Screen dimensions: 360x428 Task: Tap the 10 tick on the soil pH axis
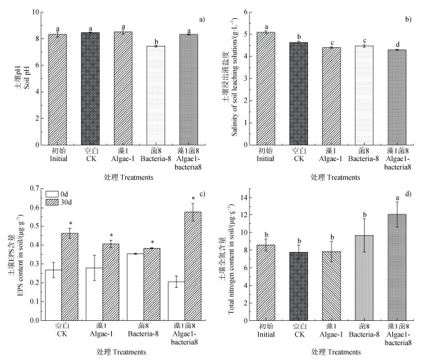point(34,12)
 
